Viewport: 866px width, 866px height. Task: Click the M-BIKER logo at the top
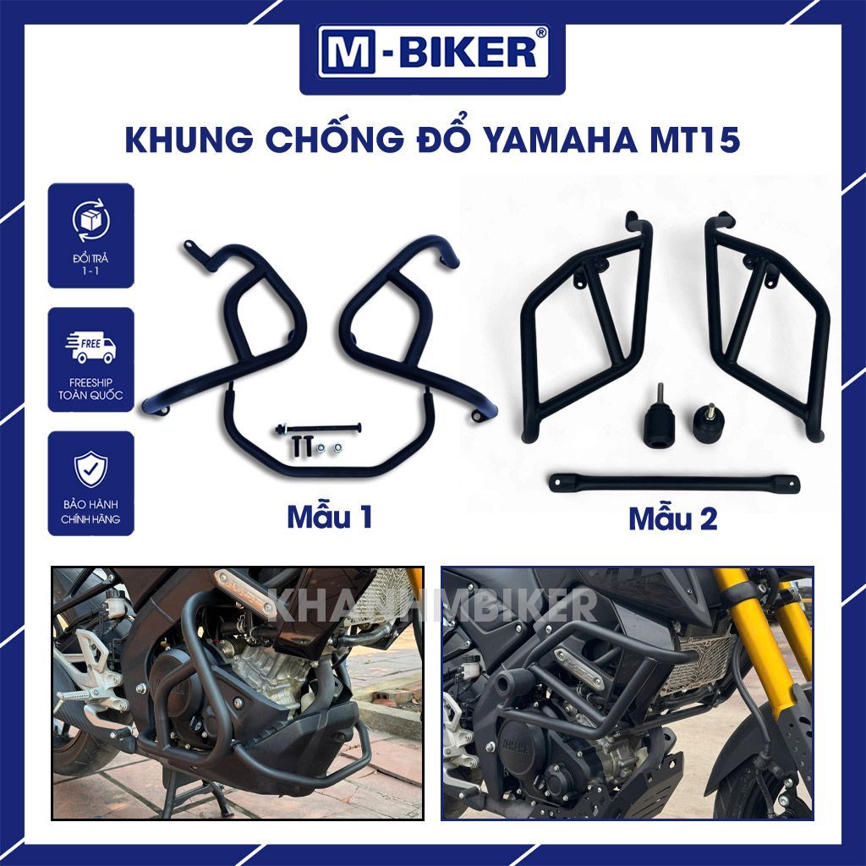pos(432,53)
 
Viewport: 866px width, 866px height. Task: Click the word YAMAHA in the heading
pos(560,140)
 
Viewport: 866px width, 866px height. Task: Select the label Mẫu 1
pos(329,517)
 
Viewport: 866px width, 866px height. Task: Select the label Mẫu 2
pos(672,518)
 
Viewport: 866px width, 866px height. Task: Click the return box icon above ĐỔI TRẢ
pos(91,220)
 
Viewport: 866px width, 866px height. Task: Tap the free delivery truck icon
pos(91,348)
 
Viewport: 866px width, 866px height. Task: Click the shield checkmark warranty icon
pos(91,469)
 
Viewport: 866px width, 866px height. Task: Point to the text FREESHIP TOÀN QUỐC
pos(91,389)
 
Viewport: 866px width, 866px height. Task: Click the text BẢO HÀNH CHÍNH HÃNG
pos(91,512)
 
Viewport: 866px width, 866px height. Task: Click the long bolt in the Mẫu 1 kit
pos(318,427)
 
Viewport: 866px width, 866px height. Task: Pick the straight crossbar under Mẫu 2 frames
pos(674,482)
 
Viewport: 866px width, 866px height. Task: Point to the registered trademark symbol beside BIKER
pos(541,33)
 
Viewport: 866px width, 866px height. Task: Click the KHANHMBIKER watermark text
pos(432,605)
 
